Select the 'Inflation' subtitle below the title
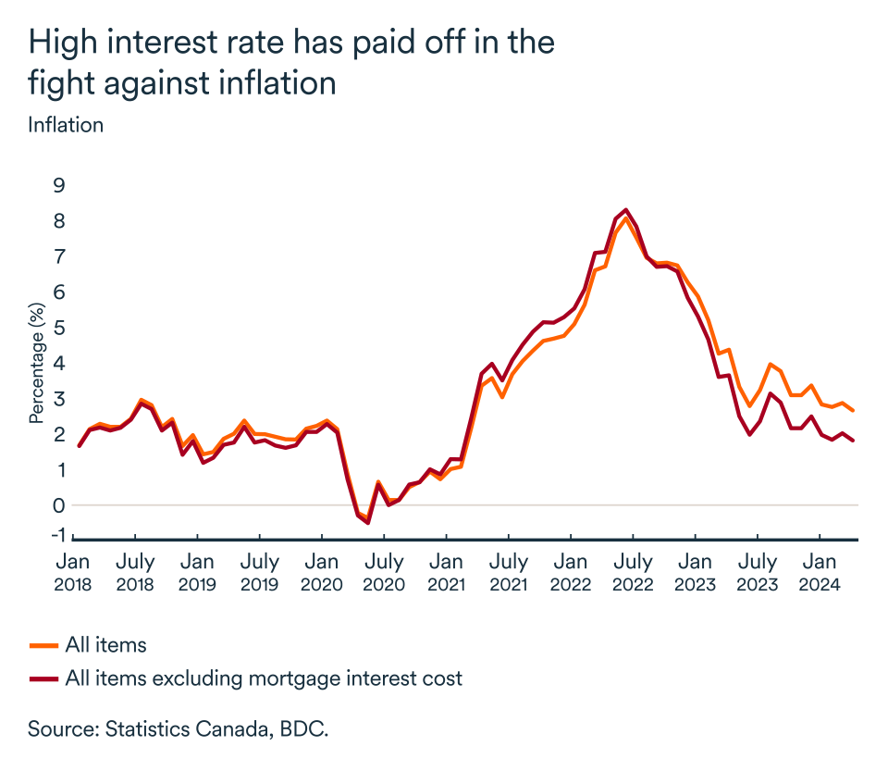click(66, 125)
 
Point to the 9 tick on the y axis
click(59, 185)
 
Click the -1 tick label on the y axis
click(56, 534)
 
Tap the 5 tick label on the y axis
click(59, 328)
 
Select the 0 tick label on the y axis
click(59, 505)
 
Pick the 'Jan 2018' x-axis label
click(72, 573)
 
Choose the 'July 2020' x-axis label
click(383, 573)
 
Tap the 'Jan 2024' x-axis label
click(819, 573)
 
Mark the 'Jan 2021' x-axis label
click(446, 573)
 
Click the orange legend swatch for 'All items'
click(43, 645)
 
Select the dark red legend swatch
click(43, 678)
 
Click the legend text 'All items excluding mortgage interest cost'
click(264, 678)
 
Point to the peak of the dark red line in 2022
click(626, 209)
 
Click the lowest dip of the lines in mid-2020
click(368, 523)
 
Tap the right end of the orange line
click(853, 411)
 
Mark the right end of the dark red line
click(853, 441)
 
